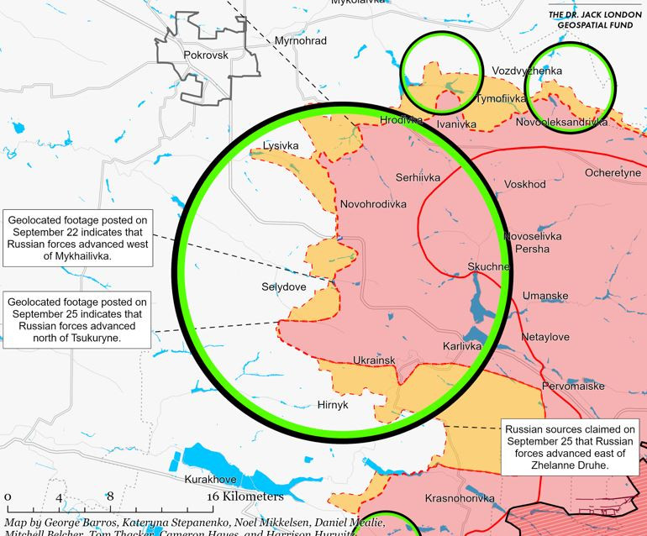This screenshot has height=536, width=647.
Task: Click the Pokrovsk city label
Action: [206, 55]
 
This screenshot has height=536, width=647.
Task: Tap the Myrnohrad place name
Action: [301, 40]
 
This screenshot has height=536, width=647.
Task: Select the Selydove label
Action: [285, 286]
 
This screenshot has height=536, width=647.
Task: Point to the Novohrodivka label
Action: [373, 204]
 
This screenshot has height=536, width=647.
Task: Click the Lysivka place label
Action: [281, 145]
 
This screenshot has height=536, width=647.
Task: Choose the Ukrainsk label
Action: [374, 360]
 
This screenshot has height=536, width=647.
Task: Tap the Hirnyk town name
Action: [333, 404]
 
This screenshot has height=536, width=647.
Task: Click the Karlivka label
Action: [462, 345]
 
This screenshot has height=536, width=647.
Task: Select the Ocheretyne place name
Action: [613, 172]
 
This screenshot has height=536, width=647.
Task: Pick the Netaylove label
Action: [545, 337]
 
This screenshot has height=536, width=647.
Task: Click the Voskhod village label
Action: [525, 184]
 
